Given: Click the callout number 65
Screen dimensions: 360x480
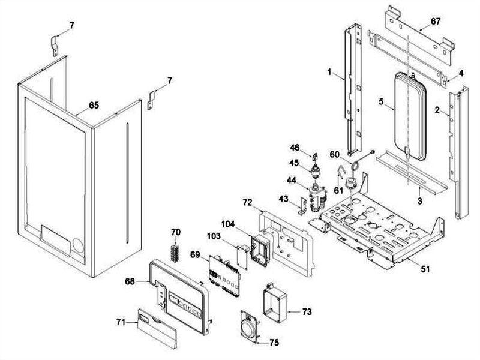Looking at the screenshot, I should coord(94,105).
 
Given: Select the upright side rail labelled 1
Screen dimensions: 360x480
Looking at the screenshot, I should coord(355,84).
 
